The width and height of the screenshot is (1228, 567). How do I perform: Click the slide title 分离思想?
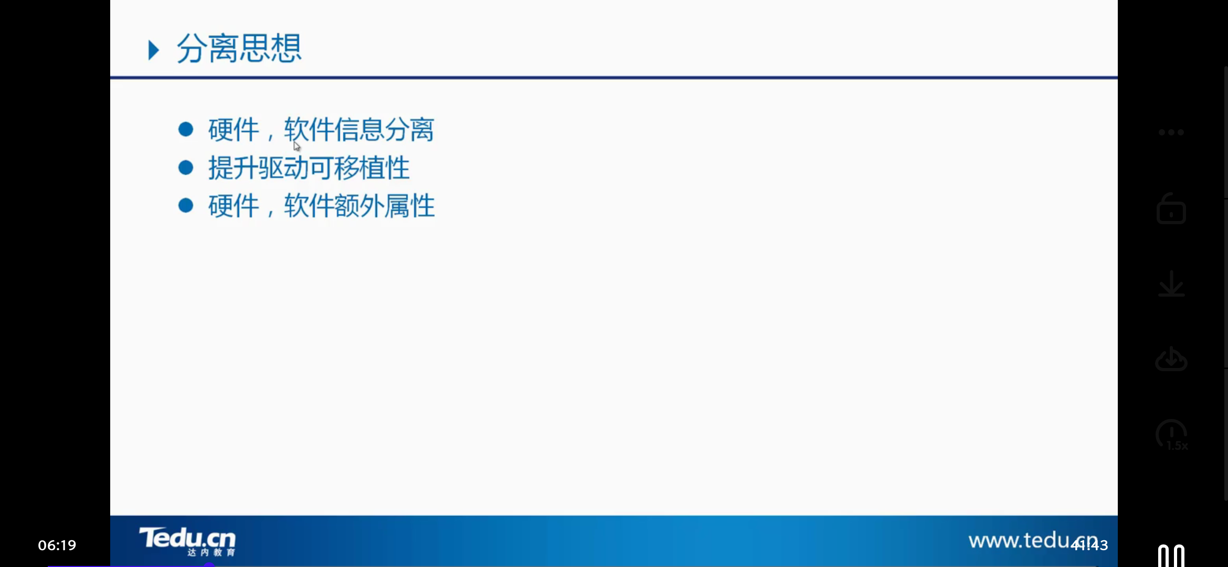(239, 49)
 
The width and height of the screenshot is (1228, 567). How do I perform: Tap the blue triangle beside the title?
(153, 50)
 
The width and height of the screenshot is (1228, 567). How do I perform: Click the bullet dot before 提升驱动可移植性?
(186, 167)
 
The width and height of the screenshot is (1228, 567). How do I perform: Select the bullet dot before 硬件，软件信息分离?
(186, 129)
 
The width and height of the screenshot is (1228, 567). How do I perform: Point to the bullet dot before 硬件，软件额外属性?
(186, 205)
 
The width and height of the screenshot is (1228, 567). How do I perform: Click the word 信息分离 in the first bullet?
(384, 130)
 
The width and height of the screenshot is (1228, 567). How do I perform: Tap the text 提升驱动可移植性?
(309, 168)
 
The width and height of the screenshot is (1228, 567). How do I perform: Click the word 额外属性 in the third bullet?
(384, 206)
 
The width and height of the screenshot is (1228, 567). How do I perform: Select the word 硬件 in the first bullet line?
(234, 130)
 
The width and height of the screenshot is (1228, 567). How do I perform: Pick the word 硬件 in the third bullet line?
(234, 206)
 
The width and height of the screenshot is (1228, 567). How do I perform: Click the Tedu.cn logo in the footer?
(187, 541)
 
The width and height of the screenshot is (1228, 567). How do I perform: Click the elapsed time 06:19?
(57, 545)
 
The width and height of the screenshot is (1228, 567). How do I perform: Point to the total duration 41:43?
(1090, 545)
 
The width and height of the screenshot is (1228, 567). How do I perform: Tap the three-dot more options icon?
(1171, 132)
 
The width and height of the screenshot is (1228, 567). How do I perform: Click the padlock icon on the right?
(1171, 209)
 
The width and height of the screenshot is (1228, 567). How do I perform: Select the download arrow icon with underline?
(1171, 284)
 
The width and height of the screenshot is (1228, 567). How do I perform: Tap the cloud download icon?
(1171, 359)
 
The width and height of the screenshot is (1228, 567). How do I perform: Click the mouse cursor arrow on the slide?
(297, 146)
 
